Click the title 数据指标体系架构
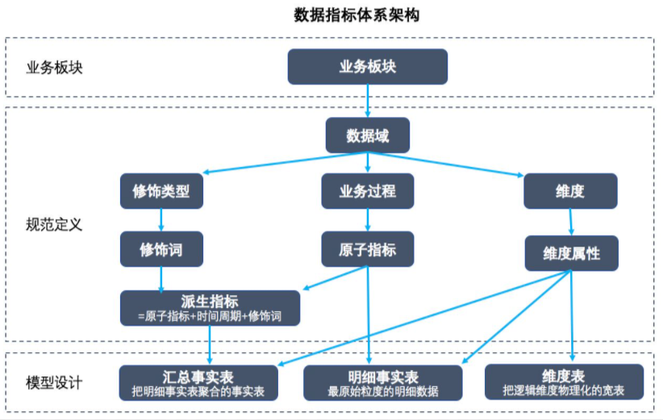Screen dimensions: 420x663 pyautogui.click(x=356, y=15)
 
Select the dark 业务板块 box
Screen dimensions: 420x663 pyautogui.click(x=367, y=67)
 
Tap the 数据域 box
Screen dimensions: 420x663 pyautogui.click(x=367, y=135)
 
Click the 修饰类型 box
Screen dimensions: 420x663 pyautogui.click(x=161, y=191)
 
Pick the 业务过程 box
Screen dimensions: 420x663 pyautogui.click(x=368, y=191)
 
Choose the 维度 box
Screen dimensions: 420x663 pyautogui.click(x=570, y=191)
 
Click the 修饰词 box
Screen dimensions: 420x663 pyautogui.click(x=161, y=249)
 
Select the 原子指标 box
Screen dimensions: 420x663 pyautogui.click(x=368, y=249)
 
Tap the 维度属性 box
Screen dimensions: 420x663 pyautogui.click(x=571, y=253)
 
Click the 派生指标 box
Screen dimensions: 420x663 pyautogui.click(x=210, y=308)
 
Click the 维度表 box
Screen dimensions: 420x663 pyautogui.click(x=564, y=381)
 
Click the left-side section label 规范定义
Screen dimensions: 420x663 pyautogui.click(x=55, y=224)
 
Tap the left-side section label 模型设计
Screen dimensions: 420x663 pyautogui.click(x=55, y=382)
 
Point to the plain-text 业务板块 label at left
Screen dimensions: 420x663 pyautogui.click(x=55, y=67)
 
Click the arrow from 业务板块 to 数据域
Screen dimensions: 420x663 pyautogui.click(x=368, y=101)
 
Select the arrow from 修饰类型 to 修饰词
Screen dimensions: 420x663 pyautogui.click(x=161, y=220)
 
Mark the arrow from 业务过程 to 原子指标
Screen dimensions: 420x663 pyautogui.click(x=368, y=220)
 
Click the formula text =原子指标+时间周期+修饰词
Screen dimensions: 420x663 pyautogui.click(x=210, y=316)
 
